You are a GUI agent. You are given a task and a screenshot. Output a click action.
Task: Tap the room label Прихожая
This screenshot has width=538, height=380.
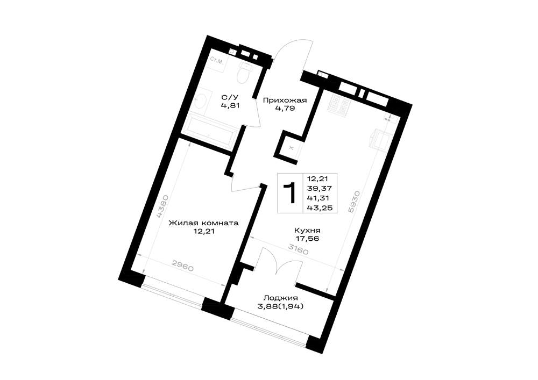[x=285, y=101]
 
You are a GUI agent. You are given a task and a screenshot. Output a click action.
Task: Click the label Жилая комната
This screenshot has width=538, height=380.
[x=203, y=224]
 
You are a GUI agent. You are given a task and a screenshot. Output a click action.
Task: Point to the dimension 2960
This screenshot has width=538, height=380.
[x=183, y=266]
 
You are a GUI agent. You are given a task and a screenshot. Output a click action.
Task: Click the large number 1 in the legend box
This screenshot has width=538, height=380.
[x=291, y=193]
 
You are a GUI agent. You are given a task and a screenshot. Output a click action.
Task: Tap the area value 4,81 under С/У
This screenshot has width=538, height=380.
[x=230, y=106]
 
